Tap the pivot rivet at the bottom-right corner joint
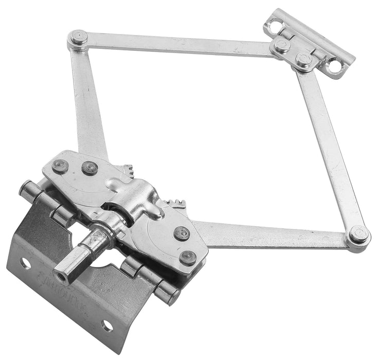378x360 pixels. [358, 236]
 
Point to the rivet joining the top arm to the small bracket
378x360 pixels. [281, 46]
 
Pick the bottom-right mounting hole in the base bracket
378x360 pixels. [106, 325]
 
